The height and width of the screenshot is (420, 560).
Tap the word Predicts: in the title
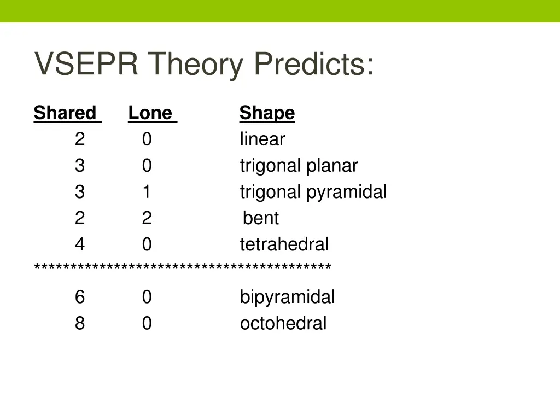[x=314, y=64]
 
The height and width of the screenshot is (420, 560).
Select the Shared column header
[x=65, y=113]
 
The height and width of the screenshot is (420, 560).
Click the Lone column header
[x=150, y=113]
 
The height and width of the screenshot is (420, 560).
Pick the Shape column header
[x=267, y=113]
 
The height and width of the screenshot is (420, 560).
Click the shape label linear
[x=262, y=139]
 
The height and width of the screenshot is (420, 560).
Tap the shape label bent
[x=261, y=218]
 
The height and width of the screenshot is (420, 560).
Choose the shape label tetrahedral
[x=284, y=244]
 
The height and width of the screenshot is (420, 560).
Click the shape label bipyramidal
[x=287, y=297]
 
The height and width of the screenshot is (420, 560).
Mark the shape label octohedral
[x=283, y=324]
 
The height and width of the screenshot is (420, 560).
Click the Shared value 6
[x=80, y=297]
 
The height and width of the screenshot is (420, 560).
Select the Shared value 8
[x=80, y=324]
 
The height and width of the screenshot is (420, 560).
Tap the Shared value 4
[x=80, y=244]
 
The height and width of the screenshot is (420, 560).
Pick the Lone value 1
[x=147, y=192]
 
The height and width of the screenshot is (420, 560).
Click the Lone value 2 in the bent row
[x=147, y=218]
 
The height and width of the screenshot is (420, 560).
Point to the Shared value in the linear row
[x=80, y=139]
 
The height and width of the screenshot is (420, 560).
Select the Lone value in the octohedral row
[x=147, y=324]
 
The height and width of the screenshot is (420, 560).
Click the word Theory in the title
[x=195, y=64]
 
